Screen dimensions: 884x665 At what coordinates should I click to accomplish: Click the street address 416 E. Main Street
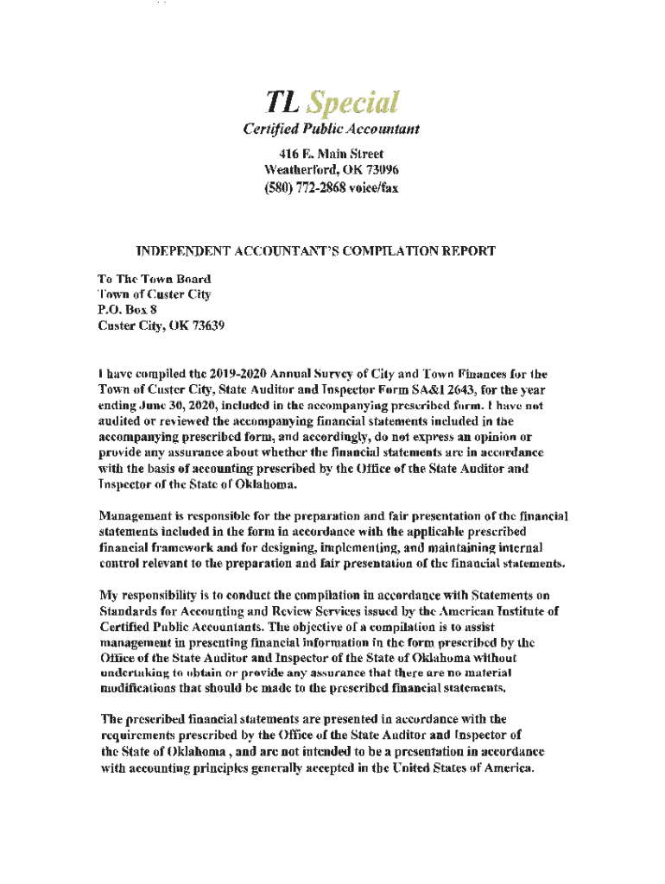(332, 154)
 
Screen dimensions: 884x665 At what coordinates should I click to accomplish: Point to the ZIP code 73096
(381, 169)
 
